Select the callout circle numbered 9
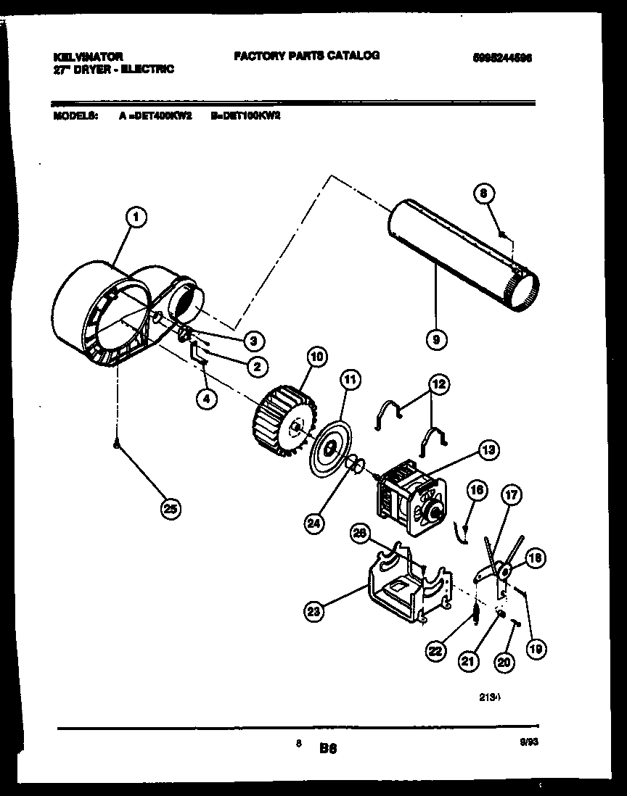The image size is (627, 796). point(436,338)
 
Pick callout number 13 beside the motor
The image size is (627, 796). point(488,450)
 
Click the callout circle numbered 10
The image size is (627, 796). point(316,356)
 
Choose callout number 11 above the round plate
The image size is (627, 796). point(351,378)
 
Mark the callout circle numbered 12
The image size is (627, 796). point(439,384)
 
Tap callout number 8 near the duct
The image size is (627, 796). point(485,194)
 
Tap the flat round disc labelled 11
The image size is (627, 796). point(331,449)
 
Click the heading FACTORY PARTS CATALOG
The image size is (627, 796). point(306,55)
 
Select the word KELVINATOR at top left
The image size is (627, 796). point(88,56)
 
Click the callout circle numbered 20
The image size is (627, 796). point(502,660)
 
